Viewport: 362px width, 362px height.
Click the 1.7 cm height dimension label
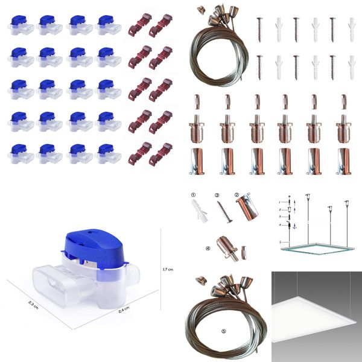(x=170, y=269)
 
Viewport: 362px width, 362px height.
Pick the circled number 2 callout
(x=237, y=195)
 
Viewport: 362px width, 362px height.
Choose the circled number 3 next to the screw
(x=217, y=195)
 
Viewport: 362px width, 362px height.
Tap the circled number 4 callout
(x=208, y=247)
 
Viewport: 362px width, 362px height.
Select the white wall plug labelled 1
(x=198, y=210)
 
